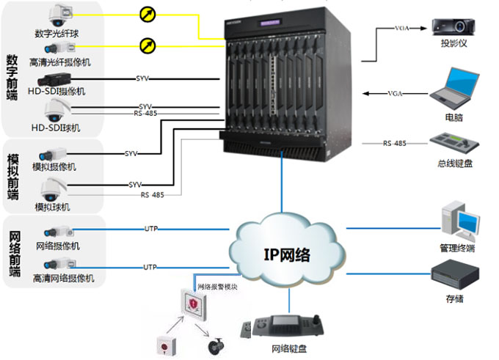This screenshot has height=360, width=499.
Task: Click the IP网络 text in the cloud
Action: coord(287,254)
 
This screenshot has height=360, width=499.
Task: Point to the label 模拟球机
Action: coord(52,207)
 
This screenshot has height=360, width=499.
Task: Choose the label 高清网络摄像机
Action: coord(64,279)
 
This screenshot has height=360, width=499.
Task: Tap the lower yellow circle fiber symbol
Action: coord(147,46)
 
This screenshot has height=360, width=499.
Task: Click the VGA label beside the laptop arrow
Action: coord(395,93)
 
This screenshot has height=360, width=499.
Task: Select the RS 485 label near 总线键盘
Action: coord(394,144)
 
